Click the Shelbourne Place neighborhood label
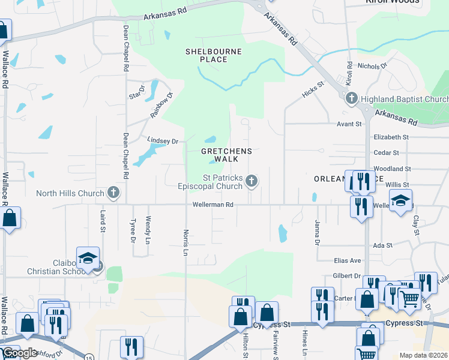[x=214, y=56]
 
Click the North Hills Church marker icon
[x=113, y=193]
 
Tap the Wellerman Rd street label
[x=212, y=205]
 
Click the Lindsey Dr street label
[x=163, y=141]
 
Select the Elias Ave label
[x=348, y=260]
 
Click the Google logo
[x=20, y=353]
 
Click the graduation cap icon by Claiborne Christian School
[x=88, y=258]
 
